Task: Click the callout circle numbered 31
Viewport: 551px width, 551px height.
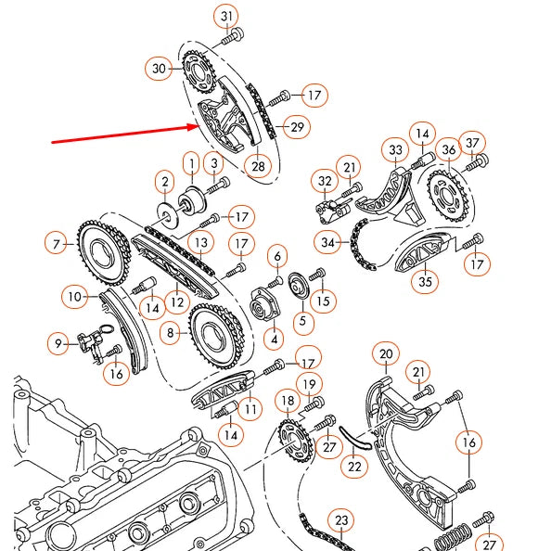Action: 227,16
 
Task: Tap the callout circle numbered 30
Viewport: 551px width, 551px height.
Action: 159,68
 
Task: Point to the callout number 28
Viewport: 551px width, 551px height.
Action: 256,166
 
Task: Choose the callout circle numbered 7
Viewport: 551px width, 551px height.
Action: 58,245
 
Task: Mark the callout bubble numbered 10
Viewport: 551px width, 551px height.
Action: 75,298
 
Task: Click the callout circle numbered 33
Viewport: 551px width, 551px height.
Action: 396,149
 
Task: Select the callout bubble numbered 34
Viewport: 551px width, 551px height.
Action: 327,244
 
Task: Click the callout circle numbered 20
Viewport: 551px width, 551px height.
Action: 386,352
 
